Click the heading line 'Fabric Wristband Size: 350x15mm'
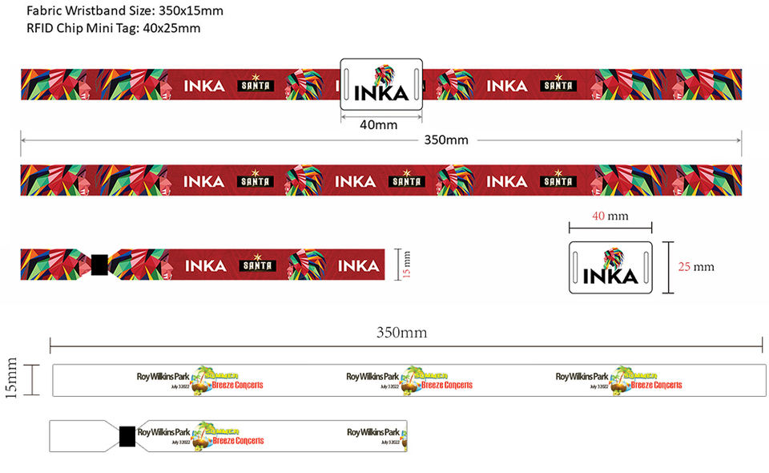tap(125, 10)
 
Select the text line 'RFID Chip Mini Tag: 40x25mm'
tap(114, 28)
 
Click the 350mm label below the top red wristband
tap(445, 140)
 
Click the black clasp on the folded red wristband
tap(99, 265)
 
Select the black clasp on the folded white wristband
tap(127, 436)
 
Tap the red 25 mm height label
tap(695, 266)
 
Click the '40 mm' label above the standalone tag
tap(610, 216)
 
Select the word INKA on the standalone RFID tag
tap(610, 277)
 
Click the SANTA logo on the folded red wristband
tap(257, 265)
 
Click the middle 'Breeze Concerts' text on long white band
tap(446, 385)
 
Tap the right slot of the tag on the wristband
tap(416, 83)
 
